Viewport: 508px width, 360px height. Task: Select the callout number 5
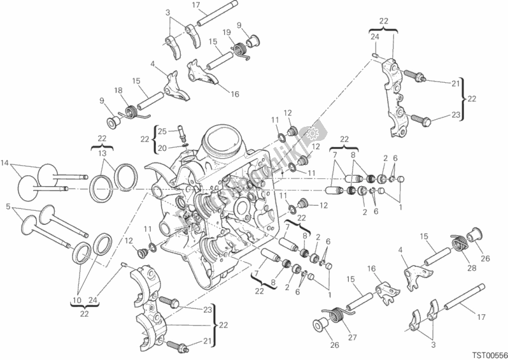click(8, 206)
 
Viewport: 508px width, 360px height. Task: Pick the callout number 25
click(162, 131)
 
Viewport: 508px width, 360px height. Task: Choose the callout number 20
click(162, 148)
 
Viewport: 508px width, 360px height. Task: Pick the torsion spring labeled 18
click(134, 111)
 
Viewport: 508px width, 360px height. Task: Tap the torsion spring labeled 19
click(240, 47)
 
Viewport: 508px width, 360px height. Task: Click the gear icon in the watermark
click(312, 133)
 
